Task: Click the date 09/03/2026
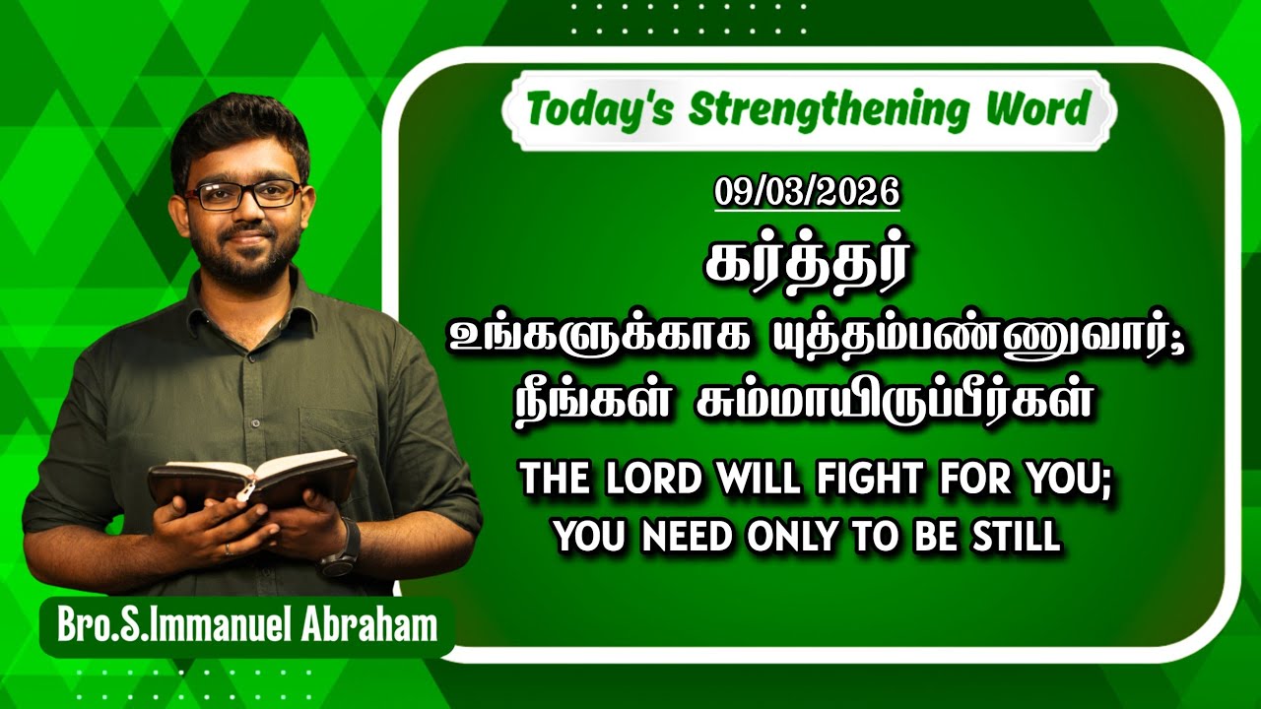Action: coord(807,191)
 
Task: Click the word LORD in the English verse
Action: coord(642,482)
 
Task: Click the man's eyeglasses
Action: coord(243,194)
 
